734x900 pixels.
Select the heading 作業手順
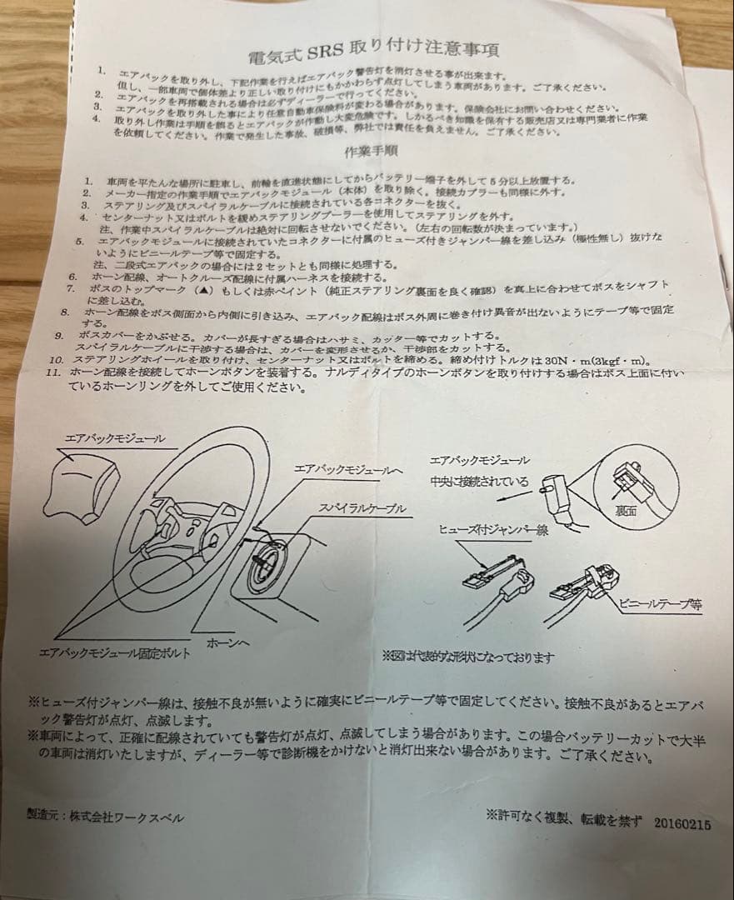[370, 153]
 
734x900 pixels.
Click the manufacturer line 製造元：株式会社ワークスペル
[104, 817]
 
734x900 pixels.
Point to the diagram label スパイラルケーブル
[362, 508]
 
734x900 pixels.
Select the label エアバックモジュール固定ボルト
[114, 653]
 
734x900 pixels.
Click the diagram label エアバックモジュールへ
[348, 470]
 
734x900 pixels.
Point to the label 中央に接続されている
[479, 481]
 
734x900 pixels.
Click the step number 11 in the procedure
[52, 372]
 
